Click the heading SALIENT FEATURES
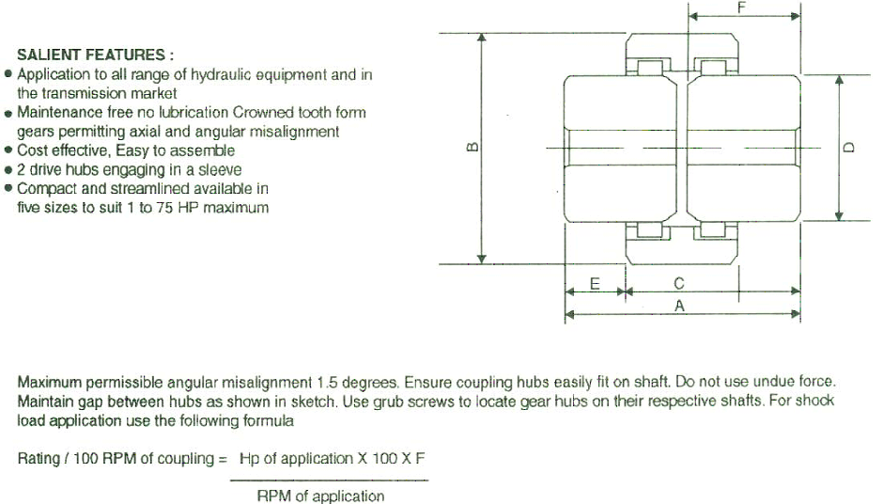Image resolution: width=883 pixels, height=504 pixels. pos(91,55)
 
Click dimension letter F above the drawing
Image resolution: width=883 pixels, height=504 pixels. pos(741,7)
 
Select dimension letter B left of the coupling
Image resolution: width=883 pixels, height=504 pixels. pos(473,147)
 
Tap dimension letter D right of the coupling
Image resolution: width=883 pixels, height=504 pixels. pos(848,147)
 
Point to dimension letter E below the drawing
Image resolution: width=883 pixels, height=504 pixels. pos(595,284)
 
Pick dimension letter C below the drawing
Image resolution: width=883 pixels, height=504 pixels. pos(679,283)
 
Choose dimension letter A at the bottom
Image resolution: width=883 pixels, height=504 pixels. pos(679,307)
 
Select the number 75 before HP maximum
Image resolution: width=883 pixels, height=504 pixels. pos(164,208)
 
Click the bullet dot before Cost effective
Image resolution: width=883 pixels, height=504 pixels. pos(8,150)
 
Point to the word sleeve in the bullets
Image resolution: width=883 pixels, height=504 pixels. pos(220,169)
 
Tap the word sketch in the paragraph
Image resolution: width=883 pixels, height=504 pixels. pos(313,402)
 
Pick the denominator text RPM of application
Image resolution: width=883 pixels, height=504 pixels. pos(320,496)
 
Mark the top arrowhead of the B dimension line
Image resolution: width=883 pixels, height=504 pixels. pos(482,38)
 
